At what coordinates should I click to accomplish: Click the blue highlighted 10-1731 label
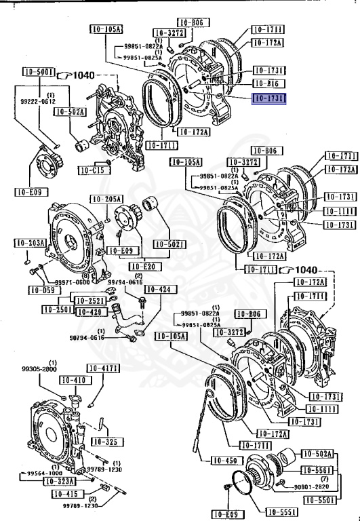268,98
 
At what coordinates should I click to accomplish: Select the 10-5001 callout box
37,72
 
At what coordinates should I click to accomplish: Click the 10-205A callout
107,199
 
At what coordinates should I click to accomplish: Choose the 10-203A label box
31,242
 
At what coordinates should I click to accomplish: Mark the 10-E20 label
144,266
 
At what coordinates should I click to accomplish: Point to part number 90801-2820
312,486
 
